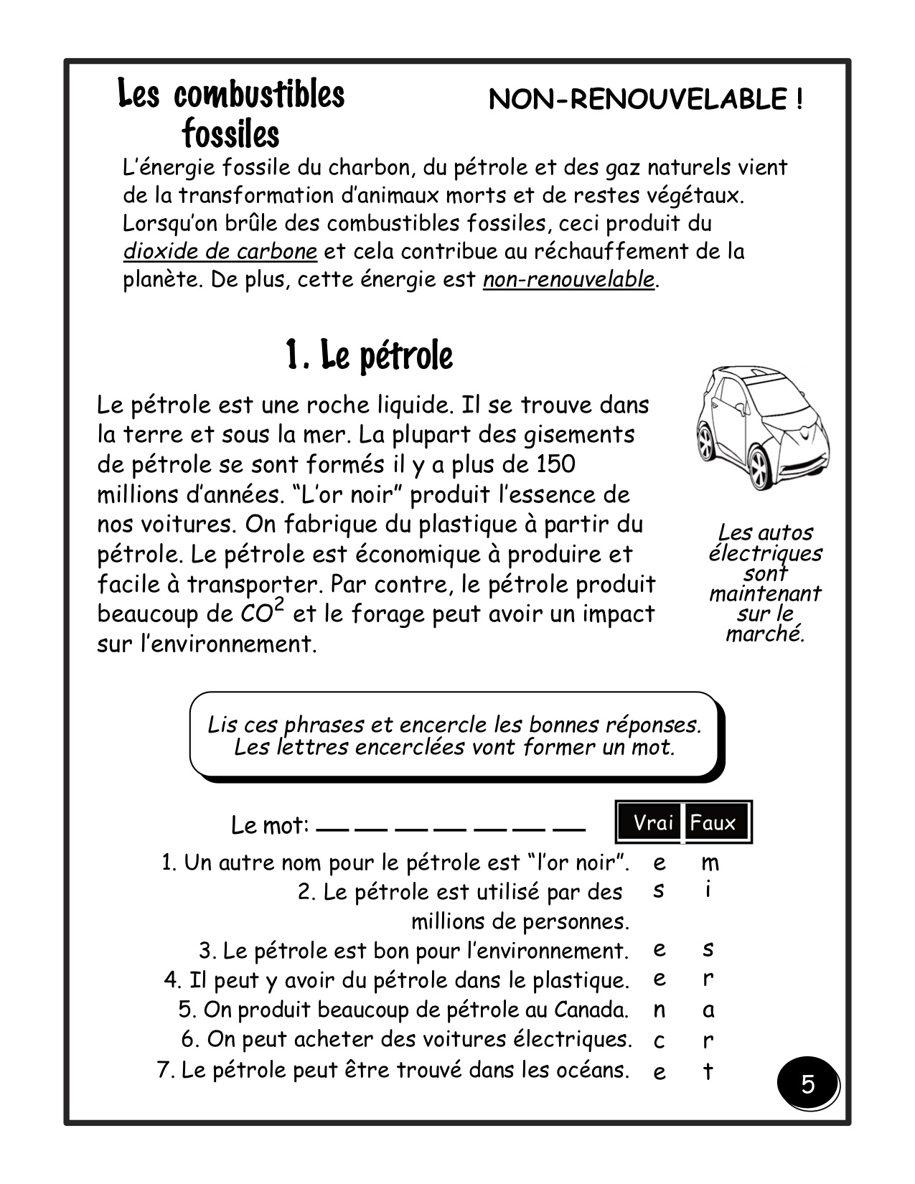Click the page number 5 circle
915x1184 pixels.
coord(808,1084)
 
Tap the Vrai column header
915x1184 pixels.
coord(652,822)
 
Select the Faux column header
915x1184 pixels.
coord(714,822)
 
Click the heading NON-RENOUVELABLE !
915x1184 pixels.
coord(645,100)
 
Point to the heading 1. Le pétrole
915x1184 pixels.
coord(369,355)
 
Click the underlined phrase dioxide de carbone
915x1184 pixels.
coord(220,252)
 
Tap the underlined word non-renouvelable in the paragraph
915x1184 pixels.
coord(569,279)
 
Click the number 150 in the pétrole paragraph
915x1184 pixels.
coord(555,464)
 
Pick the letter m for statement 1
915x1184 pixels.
coord(709,863)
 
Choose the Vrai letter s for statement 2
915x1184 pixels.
coord(659,891)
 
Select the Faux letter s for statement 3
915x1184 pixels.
coord(708,950)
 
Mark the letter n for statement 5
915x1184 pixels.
coord(659,1010)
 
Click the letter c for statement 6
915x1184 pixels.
coord(659,1040)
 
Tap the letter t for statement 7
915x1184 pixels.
coord(708,1071)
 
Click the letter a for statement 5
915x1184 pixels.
coord(708,1010)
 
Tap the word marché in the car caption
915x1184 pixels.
coord(764,634)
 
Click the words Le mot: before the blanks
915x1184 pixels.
coord(270,826)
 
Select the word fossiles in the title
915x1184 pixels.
coord(231,133)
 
